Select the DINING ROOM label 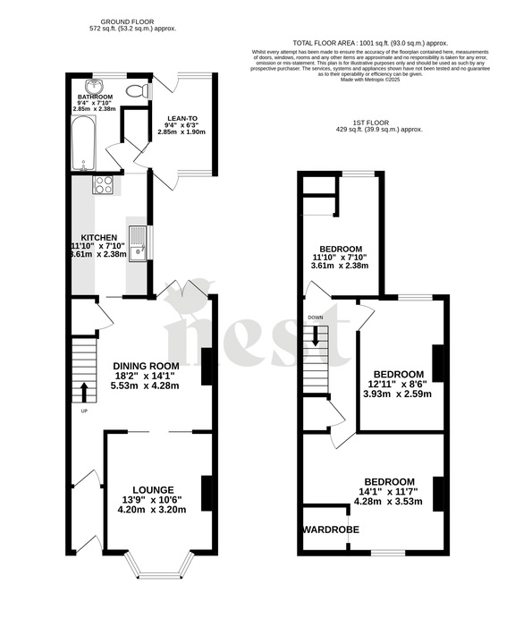point(146,365)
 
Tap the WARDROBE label point(331,530)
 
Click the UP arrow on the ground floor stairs point(84,392)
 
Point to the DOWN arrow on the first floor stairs point(316,338)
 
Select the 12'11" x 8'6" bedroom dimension point(397,384)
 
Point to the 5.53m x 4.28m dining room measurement point(146,386)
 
